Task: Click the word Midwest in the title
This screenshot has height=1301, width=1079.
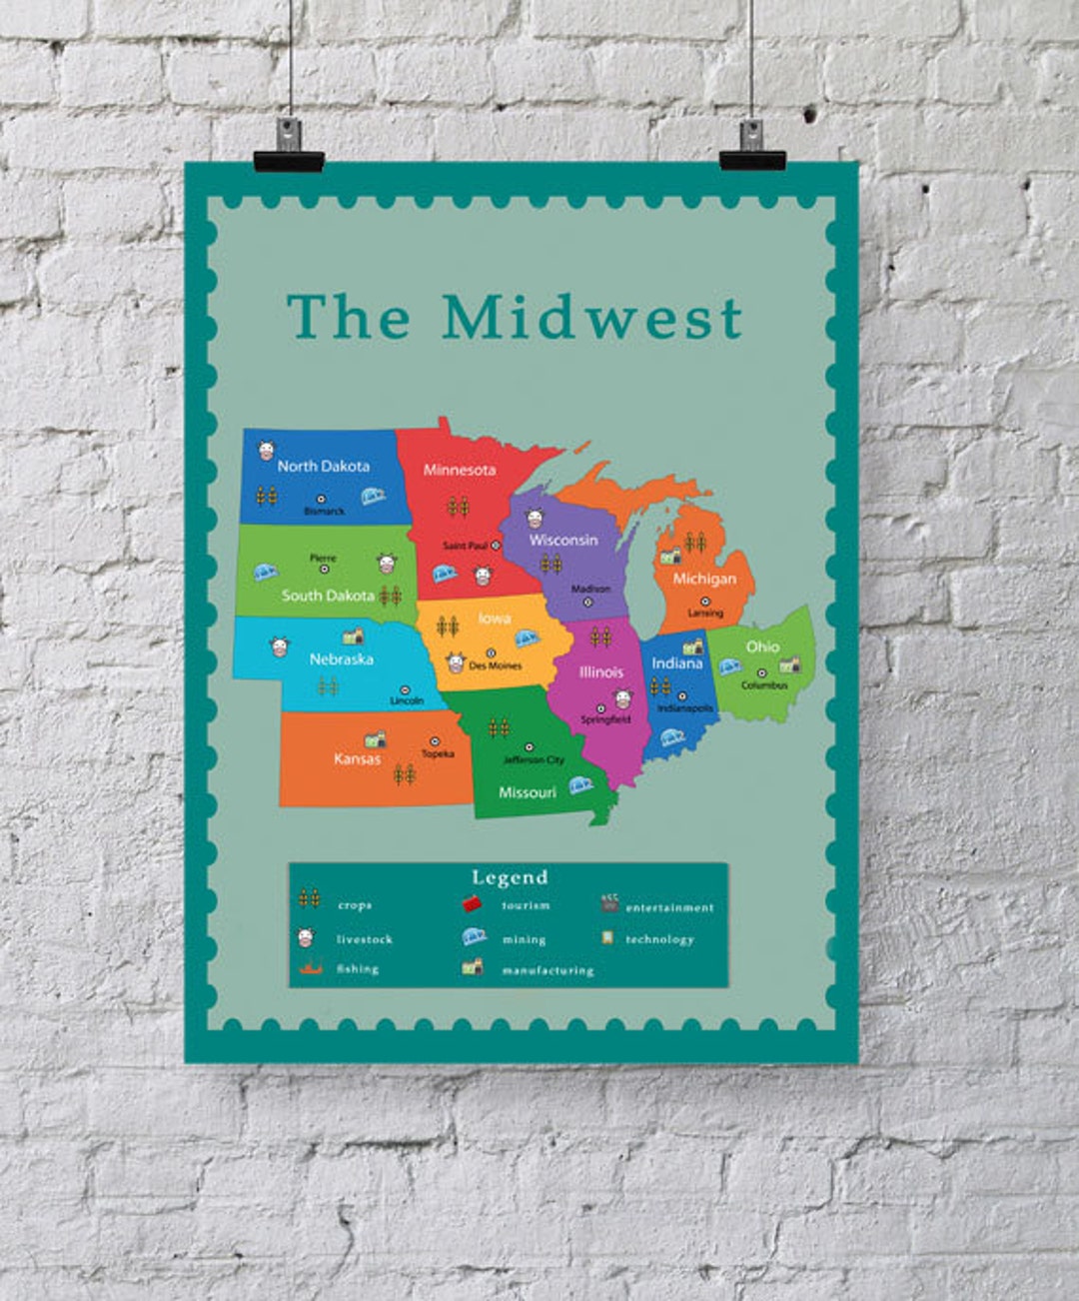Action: tap(592, 317)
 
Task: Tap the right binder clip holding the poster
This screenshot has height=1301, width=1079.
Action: tap(751, 147)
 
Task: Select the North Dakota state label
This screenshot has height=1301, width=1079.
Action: tap(323, 466)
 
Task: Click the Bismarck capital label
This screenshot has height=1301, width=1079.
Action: tap(324, 512)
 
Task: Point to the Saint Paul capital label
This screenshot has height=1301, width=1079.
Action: tap(465, 546)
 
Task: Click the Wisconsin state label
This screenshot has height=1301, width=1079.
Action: tap(563, 541)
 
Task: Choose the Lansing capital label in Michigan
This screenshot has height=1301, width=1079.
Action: tap(705, 614)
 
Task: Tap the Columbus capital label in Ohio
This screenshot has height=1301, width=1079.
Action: tap(764, 685)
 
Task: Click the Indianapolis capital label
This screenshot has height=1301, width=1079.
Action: tap(685, 708)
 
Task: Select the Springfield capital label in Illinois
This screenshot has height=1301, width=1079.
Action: tap(605, 719)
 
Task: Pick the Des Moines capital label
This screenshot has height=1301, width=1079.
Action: tap(496, 665)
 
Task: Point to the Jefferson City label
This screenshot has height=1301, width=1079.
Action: tap(534, 760)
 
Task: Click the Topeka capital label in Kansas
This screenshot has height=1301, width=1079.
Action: tap(438, 754)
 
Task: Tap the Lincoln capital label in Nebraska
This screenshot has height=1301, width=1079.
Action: tap(407, 701)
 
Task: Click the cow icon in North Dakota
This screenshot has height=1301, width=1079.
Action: tap(267, 451)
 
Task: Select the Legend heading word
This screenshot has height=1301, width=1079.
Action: tap(510, 877)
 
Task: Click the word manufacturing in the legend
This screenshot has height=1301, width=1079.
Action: tap(547, 970)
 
